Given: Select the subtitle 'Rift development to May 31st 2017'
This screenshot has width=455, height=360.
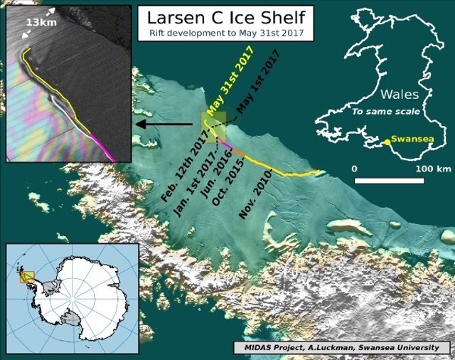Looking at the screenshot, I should tap(224, 33).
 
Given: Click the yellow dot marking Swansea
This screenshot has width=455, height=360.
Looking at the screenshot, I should tap(387, 142).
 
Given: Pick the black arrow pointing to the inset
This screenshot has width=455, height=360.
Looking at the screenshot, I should tap(163, 124).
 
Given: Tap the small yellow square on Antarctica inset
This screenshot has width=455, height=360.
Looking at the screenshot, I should tap(26, 277).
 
